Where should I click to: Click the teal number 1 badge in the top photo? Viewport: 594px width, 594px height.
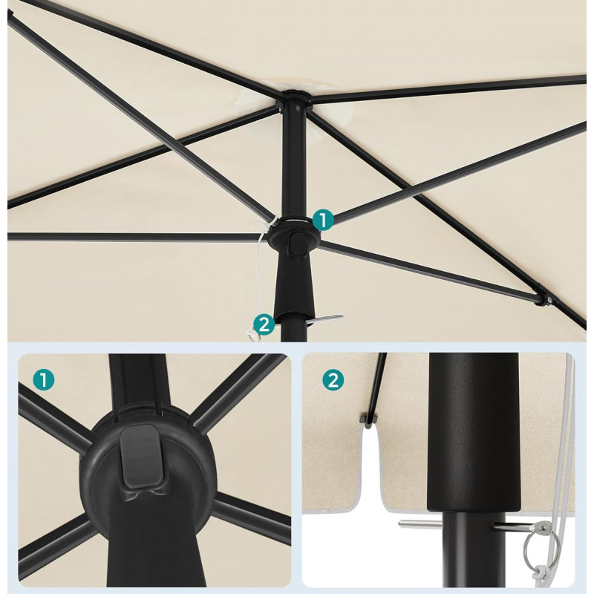point(323,219)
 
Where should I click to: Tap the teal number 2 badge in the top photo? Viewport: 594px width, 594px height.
point(264,324)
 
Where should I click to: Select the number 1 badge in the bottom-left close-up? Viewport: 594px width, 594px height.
point(44,380)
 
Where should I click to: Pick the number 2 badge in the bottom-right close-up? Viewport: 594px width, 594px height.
point(333,380)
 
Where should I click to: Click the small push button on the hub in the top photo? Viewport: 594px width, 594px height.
point(298,245)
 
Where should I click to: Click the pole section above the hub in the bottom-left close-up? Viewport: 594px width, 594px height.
point(138,382)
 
